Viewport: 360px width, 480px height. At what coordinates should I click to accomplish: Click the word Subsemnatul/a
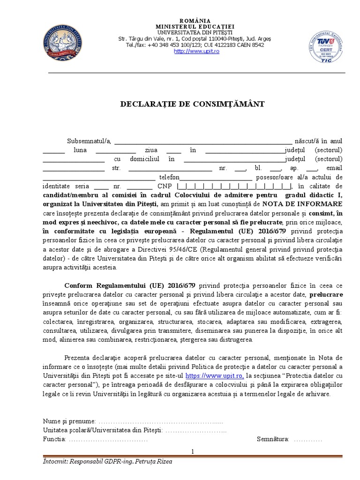[89, 141]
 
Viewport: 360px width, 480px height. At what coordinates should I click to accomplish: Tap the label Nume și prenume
[69, 421]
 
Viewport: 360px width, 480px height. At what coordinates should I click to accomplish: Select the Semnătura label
[273, 439]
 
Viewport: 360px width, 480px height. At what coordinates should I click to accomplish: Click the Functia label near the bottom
[54, 439]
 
